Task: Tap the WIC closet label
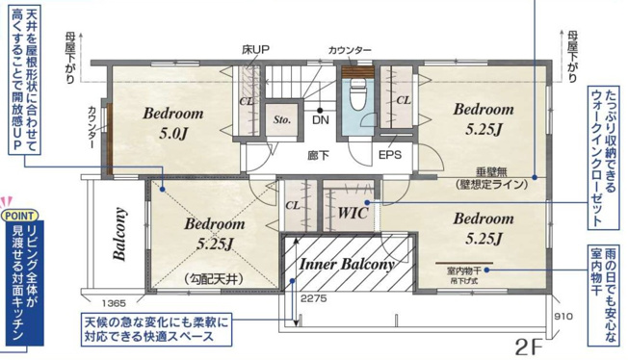pos(353,213)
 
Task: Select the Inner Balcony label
pos(348,264)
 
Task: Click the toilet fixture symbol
pos(357,97)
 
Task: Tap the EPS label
pos(390,154)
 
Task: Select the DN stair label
pos(321,121)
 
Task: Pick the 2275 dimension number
pos(315,298)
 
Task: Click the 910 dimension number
pos(563,316)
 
